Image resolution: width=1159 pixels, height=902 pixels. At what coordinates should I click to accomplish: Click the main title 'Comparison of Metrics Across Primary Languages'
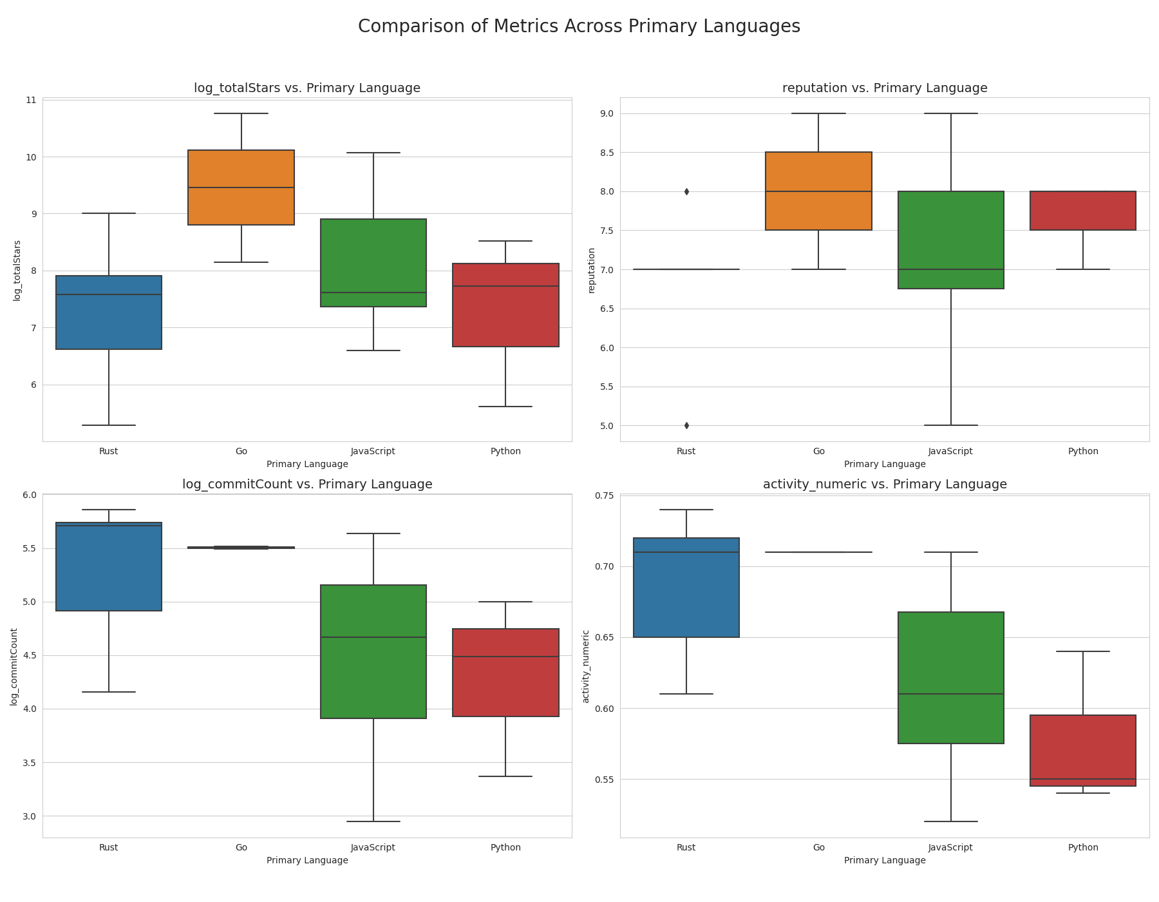click(x=579, y=26)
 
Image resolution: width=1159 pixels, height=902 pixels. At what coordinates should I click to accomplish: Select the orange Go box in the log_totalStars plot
click(x=241, y=187)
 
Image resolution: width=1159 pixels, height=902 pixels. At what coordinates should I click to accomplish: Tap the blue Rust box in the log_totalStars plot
click(x=109, y=312)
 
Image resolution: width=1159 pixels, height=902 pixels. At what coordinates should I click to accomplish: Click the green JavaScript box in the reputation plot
click(x=951, y=240)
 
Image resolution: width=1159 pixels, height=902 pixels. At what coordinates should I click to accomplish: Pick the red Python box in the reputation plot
click(x=1083, y=211)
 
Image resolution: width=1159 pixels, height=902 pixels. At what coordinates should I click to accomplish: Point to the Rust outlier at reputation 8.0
click(x=686, y=191)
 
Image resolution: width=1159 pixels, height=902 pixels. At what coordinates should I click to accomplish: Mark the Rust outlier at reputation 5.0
click(x=686, y=425)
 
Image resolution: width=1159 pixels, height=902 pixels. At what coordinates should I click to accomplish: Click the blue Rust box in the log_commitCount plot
click(x=109, y=566)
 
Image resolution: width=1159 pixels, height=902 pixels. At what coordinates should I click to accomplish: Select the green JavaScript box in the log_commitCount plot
click(x=373, y=651)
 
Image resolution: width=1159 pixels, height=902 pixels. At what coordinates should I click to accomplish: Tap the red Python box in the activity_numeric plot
click(x=1083, y=751)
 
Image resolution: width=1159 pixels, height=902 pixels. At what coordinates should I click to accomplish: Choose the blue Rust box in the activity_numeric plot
click(x=686, y=588)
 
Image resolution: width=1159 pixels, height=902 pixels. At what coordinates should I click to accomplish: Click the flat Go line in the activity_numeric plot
click(x=819, y=552)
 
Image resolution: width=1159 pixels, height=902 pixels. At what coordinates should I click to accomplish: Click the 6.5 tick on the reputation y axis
click(x=605, y=309)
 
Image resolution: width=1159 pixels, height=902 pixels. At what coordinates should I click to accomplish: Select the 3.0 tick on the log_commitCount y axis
click(x=29, y=816)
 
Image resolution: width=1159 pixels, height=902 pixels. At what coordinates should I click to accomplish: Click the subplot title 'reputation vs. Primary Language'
click(x=885, y=88)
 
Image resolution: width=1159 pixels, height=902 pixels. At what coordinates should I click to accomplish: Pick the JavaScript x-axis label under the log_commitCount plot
click(x=373, y=847)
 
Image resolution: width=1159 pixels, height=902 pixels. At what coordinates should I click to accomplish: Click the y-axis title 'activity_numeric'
click(x=586, y=666)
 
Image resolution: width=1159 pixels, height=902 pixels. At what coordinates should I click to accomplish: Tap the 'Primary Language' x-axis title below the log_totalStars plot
click(x=307, y=464)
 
